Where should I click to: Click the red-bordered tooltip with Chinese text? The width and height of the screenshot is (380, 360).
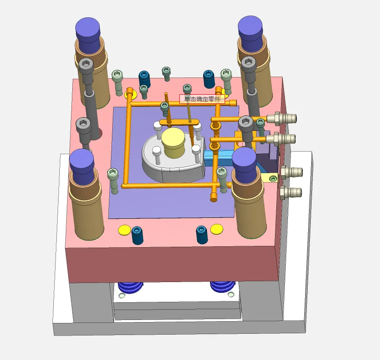click(202, 99)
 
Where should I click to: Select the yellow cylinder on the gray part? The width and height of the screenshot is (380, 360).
click(173, 143)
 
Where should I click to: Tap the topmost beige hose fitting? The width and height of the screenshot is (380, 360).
click(282, 118)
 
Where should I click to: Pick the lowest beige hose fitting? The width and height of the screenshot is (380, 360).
click(291, 192)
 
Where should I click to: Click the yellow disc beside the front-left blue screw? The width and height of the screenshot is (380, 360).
click(124, 230)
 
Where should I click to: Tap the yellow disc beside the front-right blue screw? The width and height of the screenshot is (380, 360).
click(216, 229)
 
